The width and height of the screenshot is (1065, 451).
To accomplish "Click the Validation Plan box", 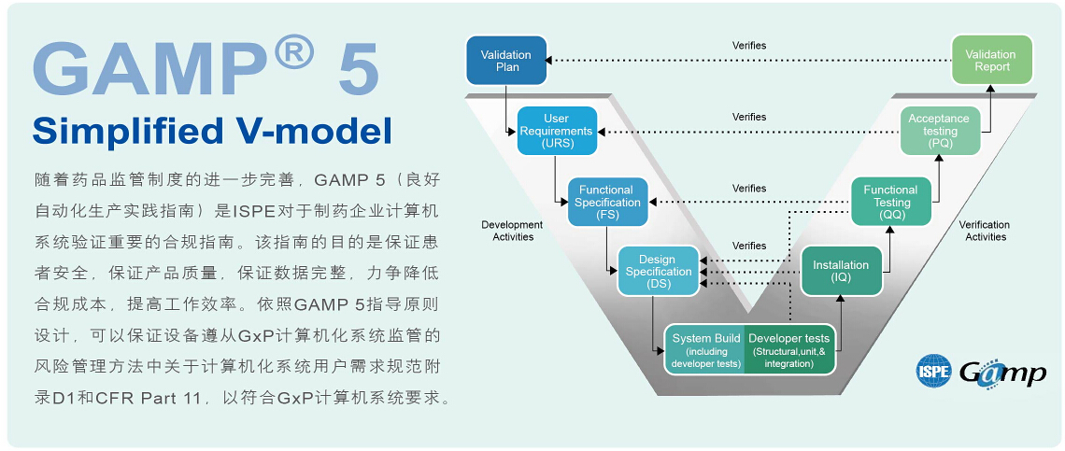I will click(x=506, y=61).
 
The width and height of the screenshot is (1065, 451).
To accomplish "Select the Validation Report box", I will click(x=991, y=61).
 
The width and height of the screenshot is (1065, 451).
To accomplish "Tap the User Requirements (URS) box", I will click(x=556, y=132).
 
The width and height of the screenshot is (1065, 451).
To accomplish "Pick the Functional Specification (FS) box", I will click(x=608, y=203).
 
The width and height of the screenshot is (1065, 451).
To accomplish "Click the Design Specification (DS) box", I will click(x=658, y=272).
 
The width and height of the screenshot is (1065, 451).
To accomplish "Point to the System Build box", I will click(x=705, y=350).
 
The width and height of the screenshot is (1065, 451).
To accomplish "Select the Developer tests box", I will click(x=789, y=350).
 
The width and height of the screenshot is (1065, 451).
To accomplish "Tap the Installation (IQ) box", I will click(x=841, y=272).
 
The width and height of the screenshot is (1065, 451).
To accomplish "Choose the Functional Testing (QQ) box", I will click(x=890, y=203).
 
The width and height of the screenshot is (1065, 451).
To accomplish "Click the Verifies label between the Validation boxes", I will click(x=749, y=46).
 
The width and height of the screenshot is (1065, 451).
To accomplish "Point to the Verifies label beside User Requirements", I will click(x=749, y=118).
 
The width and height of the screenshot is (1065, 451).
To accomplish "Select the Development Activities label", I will click(x=512, y=231).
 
